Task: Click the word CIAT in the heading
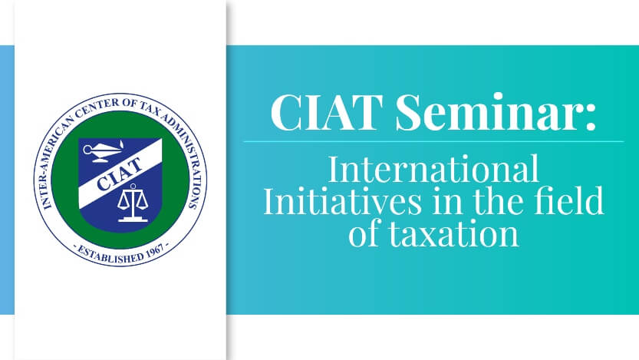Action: [327, 112]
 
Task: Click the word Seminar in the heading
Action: [487, 112]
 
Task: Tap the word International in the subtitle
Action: [433, 169]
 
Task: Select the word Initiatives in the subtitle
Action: [342, 200]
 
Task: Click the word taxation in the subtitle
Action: [453, 233]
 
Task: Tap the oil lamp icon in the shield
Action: [103, 151]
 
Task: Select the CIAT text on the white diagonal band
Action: [120, 174]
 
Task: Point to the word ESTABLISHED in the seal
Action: [110, 254]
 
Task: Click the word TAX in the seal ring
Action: [149, 107]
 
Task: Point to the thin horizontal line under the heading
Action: [433, 141]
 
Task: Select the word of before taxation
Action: [364, 233]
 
